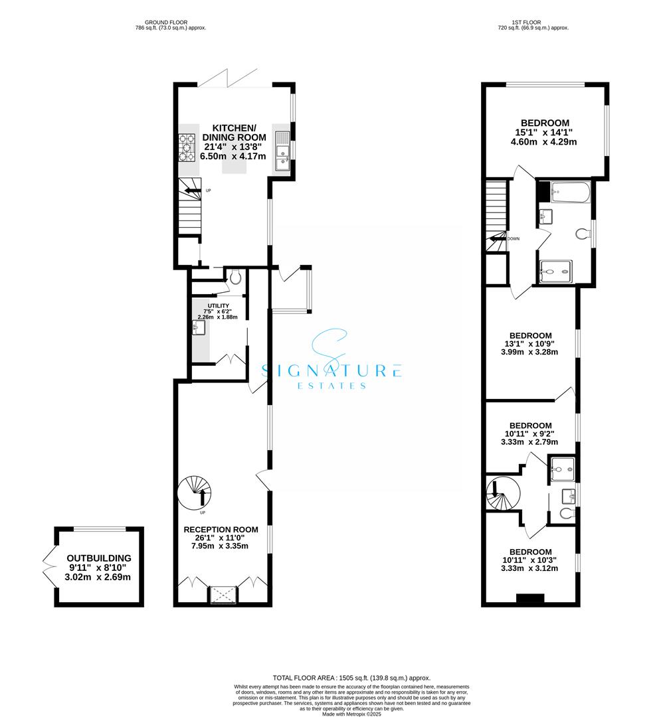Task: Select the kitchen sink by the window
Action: pos(282,149)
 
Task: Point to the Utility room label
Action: pos(220,305)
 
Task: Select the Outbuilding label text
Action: pos(99,558)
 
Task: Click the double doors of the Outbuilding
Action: pos(48,566)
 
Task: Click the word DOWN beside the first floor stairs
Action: pos(514,239)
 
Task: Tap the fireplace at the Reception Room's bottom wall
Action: pos(223,594)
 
